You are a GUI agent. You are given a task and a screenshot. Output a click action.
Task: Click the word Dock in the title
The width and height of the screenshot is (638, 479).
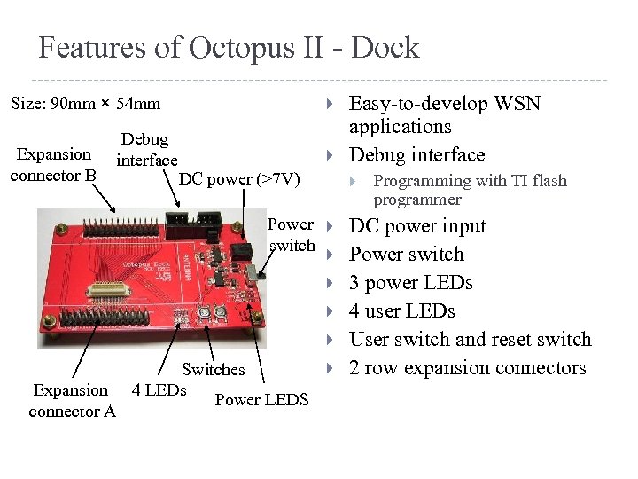pos(385,48)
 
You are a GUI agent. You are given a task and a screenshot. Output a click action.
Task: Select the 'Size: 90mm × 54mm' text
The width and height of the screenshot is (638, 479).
pos(85,104)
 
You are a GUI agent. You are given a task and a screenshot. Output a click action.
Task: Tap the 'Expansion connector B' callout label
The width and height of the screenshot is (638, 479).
pos(53,165)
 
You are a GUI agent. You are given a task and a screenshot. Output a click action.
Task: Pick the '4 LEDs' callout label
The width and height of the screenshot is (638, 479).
pos(159,389)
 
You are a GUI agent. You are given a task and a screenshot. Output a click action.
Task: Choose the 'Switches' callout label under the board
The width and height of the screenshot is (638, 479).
pos(213,370)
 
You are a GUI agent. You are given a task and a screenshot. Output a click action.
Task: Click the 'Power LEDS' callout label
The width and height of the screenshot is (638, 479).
pos(261,400)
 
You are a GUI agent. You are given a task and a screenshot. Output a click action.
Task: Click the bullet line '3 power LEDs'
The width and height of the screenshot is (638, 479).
pos(411,283)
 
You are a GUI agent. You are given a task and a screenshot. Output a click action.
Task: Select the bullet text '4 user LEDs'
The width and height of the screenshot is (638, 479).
pos(402,311)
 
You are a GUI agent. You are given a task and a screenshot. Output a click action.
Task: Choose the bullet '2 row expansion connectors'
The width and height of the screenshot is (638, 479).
pos(467,368)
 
